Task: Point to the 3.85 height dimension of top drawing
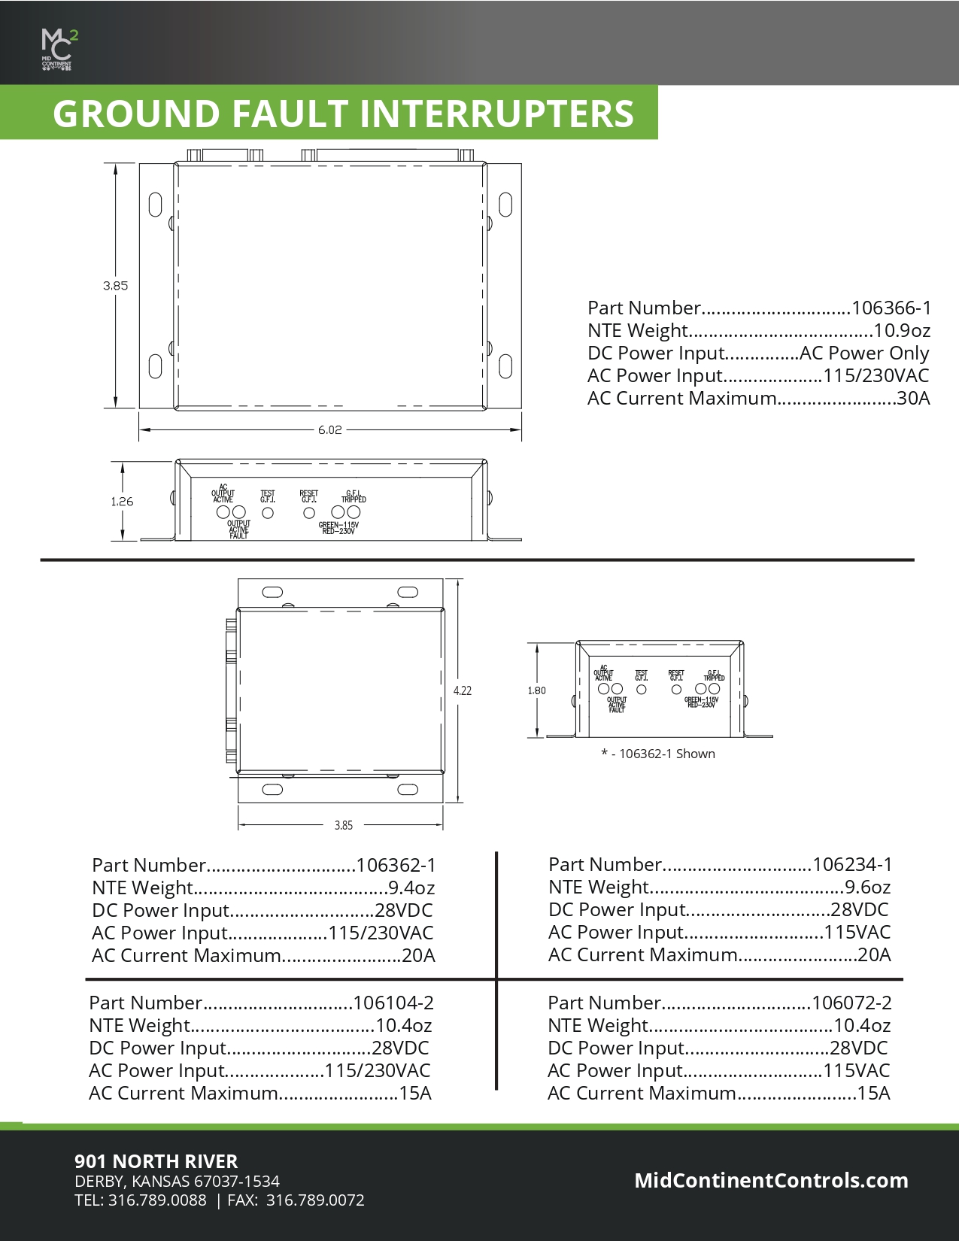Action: coord(116,286)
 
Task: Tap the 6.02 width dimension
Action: coord(329,430)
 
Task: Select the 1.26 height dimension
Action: coord(122,502)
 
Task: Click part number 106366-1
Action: coord(891,308)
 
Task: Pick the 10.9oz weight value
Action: coord(902,331)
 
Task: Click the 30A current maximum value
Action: coord(913,399)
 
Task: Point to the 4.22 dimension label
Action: coord(463,690)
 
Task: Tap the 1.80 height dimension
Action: coord(536,690)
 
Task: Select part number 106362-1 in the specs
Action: coord(396,866)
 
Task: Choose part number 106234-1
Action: coord(852,865)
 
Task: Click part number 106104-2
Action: coord(393,1003)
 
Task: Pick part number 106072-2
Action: coord(851,1003)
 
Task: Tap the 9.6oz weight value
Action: coord(867,888)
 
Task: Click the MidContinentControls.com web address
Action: coord(771,1181)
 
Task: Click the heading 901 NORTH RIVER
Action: coord(156,1161)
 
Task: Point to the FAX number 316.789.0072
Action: coord(315,1200)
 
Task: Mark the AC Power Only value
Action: coord(864,353)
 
